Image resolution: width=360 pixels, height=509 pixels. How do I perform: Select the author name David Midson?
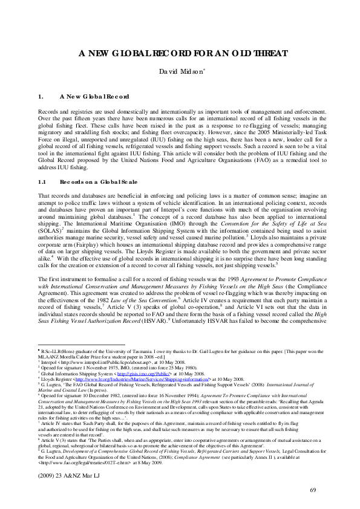(x=180, y=73)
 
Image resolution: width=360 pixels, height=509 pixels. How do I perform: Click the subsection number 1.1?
(x=42, y=181)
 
